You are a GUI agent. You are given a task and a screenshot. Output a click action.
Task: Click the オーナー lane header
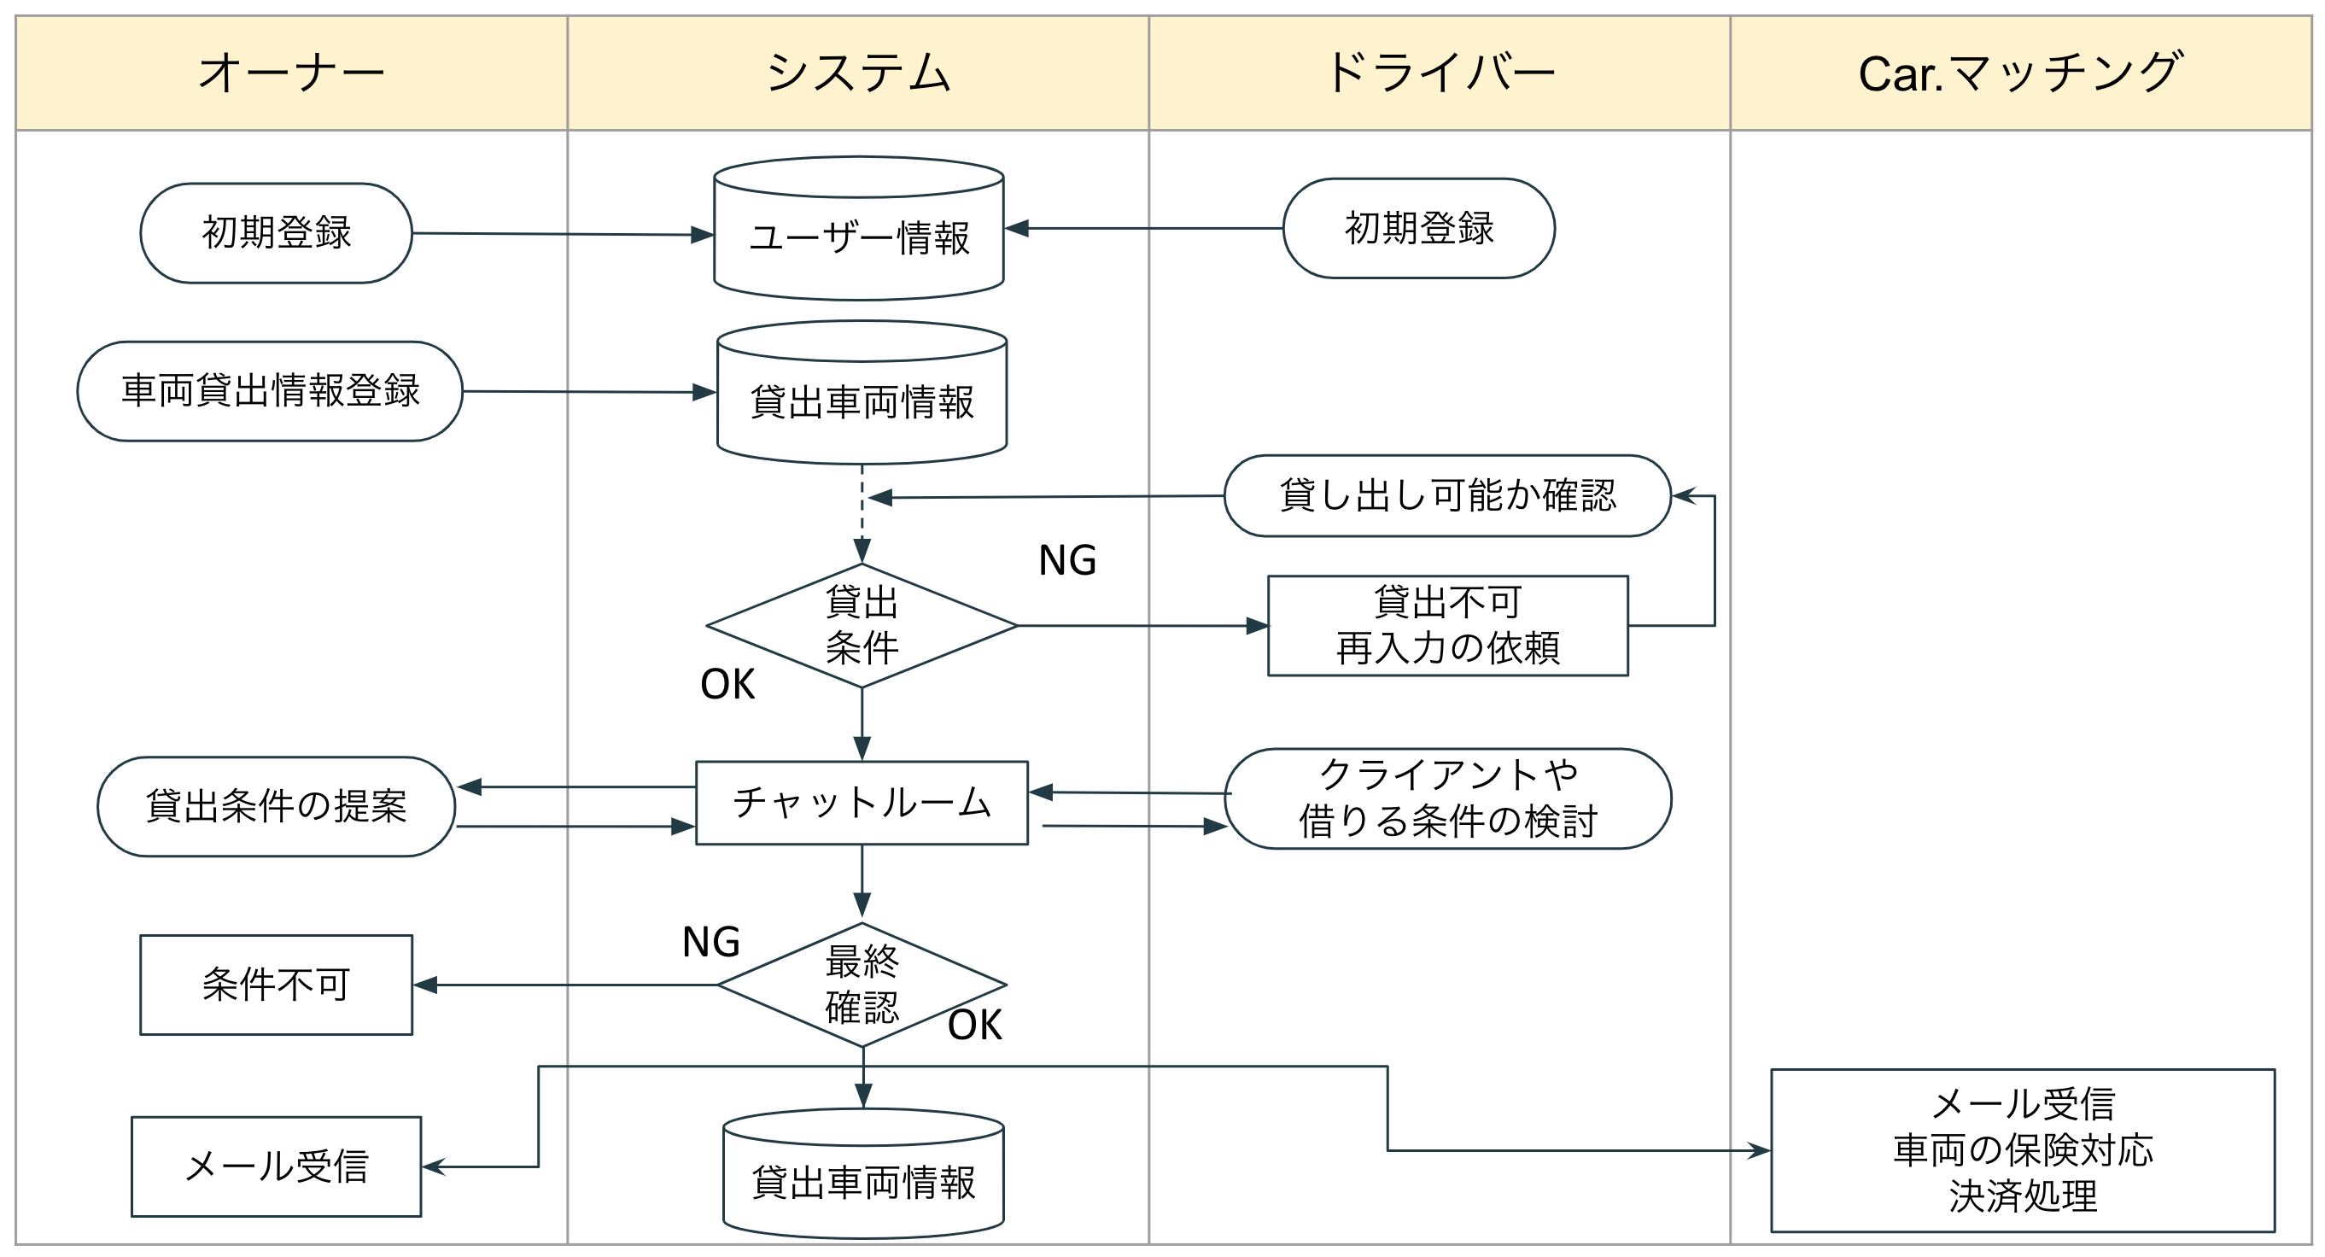(x=290, y=73)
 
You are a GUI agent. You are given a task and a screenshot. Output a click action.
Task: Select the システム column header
(x=857, y=73)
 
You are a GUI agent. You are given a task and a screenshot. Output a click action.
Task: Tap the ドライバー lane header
(x=1439, y=73)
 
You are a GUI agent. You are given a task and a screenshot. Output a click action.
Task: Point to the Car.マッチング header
(x=2020, y=73)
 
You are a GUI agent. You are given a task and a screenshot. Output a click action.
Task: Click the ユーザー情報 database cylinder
(x=858, y=237)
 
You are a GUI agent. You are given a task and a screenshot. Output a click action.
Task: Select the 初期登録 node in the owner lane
(x=276, y=233)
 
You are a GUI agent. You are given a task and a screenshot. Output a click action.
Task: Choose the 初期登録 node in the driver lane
(x=1418, y=228)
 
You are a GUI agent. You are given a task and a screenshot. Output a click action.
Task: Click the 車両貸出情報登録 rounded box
(x=270, y=391)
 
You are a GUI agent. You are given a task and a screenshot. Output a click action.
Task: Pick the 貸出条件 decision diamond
(x=861, y=624)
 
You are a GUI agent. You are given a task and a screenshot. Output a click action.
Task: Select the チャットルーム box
(x=861, y=802)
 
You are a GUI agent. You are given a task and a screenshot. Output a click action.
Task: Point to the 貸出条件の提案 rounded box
(x=276, y=806)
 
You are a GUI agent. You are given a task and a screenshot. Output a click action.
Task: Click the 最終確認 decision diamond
(x=861, y=985)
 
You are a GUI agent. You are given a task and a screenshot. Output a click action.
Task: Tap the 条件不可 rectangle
(x=276, y=985)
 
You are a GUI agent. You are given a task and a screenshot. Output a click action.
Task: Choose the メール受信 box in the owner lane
(x=276, y=1166)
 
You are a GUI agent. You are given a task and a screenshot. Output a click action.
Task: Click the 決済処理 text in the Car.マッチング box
(x=2022, y=1196)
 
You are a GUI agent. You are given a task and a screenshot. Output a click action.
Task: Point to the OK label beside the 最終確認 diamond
(x=975, y=1025)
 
